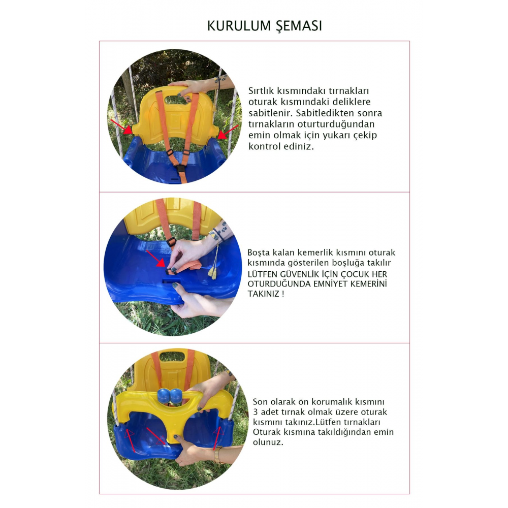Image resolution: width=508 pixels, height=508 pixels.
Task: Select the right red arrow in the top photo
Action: point(226,132)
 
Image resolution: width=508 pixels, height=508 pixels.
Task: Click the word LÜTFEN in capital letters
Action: point(262,274)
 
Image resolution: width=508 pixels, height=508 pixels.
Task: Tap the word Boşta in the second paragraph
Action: point(259,252)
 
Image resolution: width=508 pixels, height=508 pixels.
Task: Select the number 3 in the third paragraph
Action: point(255,412)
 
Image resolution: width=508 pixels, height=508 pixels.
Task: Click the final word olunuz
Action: point(268,442)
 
